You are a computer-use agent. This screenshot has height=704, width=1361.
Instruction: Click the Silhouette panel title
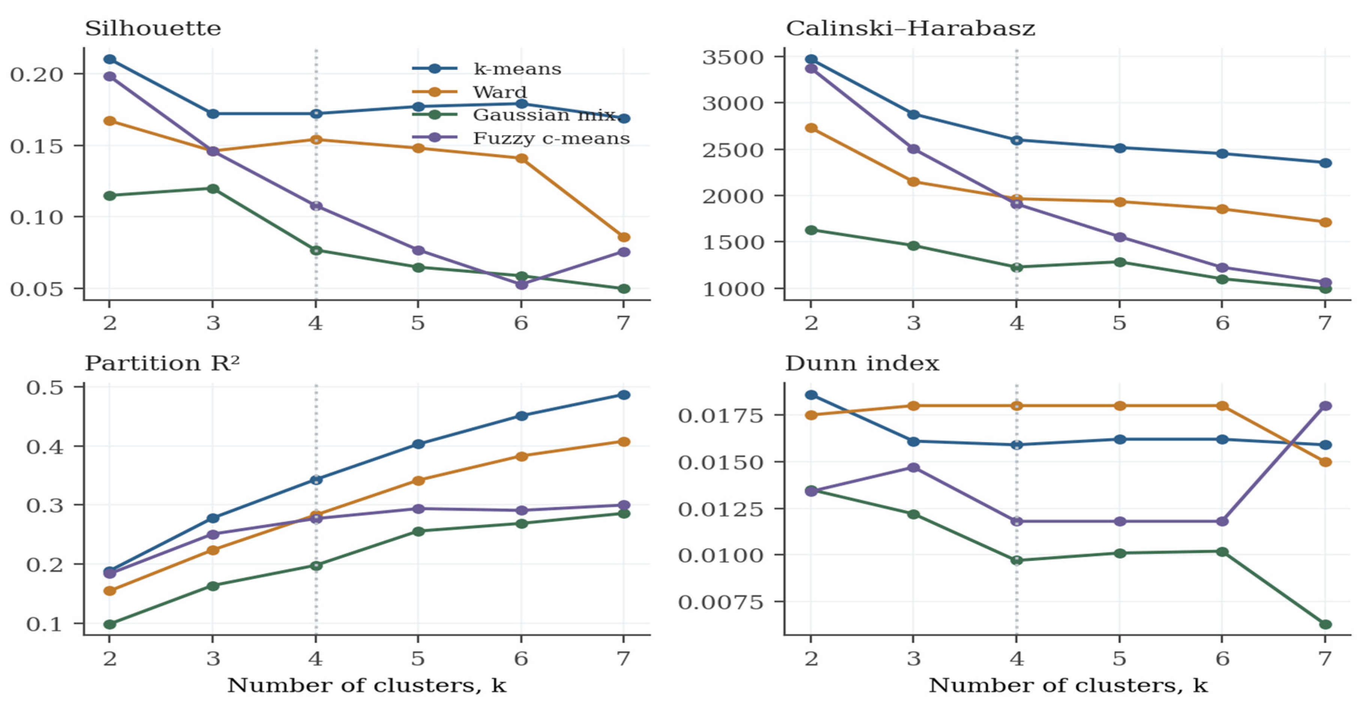click(x=153, y=29)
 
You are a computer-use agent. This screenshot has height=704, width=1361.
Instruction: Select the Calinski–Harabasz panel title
click(x=910, y=29)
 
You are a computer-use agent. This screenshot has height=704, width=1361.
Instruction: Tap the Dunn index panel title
click(x=862, y=363)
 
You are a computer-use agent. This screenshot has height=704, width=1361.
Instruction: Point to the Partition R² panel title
click(x=162, y=363)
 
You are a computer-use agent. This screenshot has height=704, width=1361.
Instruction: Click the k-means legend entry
click(x=487, y=69)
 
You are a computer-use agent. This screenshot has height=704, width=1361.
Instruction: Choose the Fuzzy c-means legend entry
click(x=521, y=138)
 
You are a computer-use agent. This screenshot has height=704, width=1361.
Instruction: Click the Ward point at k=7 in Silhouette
click(x=624, y=237)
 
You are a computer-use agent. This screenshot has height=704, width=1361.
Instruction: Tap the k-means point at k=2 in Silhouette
click(x=110, y=60)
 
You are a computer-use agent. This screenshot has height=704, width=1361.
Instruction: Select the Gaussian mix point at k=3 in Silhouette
click(x=213, y=189)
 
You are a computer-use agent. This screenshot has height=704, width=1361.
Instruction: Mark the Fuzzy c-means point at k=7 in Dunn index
click(x=1325, y=406)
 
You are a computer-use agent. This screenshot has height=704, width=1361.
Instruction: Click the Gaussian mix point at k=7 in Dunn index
click(x=1325, y=624)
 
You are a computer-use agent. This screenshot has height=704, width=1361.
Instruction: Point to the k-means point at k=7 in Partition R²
click(x=624, y=395)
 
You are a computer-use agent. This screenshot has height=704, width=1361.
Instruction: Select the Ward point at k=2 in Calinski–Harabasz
click(x=811, y=128)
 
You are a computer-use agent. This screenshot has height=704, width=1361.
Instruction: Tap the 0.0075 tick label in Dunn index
click(x=721, y=602)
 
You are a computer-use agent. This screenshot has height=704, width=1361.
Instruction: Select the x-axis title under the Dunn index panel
click(x=1068, y=686)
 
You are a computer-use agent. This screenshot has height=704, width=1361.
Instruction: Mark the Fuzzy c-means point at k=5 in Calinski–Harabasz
click(x=1120, y=237)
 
